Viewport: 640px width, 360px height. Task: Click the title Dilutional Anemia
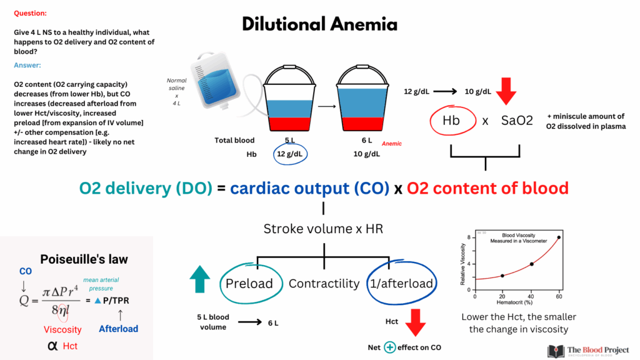(x=319, y=24)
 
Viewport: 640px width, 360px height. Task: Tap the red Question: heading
(x=30, y=13)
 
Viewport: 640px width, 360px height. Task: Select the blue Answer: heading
(x=27, y=65)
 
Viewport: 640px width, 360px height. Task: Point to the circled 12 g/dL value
(x=290, y=154)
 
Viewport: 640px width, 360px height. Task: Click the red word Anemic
(x=391, y=144)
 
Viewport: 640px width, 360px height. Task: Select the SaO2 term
(x=517, y=121)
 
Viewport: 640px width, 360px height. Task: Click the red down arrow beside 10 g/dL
(x=506, y=91)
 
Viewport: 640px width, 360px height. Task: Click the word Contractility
(x=324, y=283)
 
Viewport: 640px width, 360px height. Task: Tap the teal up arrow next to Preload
(x=200, y=279)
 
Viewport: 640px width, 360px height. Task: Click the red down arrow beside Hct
(x=416, y=322)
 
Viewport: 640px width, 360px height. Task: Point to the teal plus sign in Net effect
(x=390, y=347)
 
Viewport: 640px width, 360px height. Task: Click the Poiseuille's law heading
(x=84, y=259)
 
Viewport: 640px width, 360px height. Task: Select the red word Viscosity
(x=62, y=329)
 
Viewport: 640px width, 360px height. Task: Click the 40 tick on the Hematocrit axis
(x=531, y=296)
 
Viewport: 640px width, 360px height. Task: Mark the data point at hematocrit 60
(x=559, y=237)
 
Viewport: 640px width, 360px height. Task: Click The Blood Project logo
(x=588, y=351)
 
